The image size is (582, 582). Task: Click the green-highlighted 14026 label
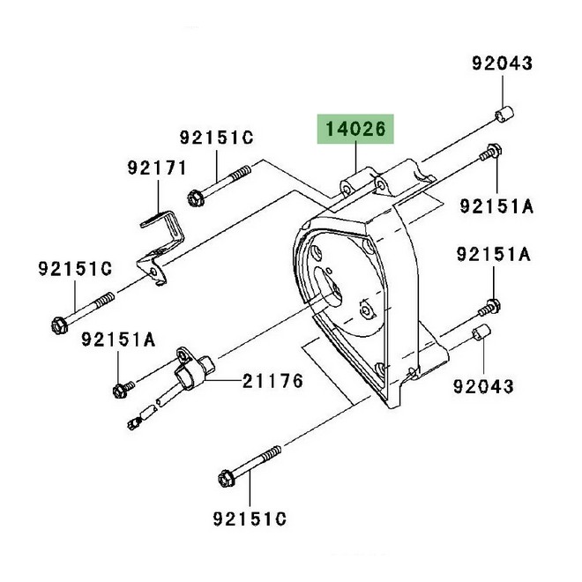(355, 129)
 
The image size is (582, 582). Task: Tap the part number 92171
(157, 168)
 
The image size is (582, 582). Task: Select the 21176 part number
(272, 381)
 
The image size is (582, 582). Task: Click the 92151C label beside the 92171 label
(216, 138)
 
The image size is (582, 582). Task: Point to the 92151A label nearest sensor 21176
(118, 339)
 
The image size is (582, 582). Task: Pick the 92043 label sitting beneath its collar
(483, 386)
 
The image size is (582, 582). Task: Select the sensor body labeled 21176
(195, 371)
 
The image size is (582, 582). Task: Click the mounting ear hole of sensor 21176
(183, 356)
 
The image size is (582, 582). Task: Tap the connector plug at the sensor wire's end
(134, 422)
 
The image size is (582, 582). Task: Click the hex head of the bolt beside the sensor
(120, 392)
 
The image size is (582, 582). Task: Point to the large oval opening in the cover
(328, 287)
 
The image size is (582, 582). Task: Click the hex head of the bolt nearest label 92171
(194, 198)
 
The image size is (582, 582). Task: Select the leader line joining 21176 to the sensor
(224, 381)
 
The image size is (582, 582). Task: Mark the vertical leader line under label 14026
(356, 157)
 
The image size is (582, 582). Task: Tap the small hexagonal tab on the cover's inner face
(366, 310)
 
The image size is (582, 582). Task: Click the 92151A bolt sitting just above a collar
(489, 308)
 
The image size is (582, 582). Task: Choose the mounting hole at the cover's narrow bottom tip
(379, 369)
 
